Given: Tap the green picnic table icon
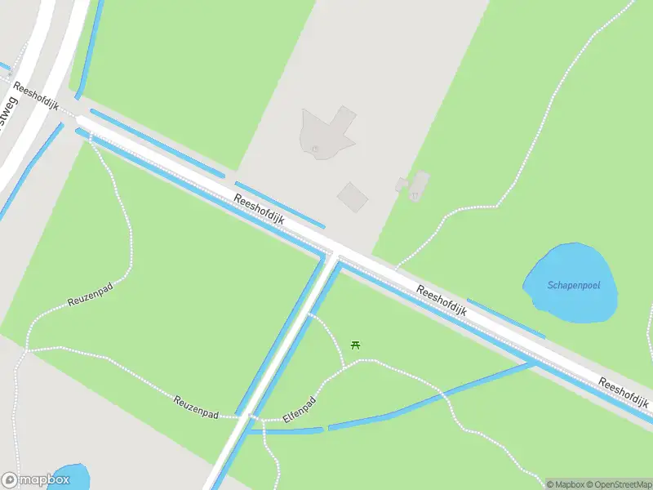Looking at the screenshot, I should coord(355,345).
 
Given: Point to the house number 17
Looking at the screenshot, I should coord(415,195).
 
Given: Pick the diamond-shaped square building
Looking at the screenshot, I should coord(353,196).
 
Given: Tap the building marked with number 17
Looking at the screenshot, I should coord(420,183).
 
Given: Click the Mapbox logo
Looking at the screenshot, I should coord(35,480).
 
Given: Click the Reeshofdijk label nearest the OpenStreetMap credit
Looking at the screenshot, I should coord(624,394).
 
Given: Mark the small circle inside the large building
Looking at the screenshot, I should coord(315,149).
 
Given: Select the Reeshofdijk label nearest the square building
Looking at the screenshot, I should coord(259,211).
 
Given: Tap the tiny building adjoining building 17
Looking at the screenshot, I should coord(401,185).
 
